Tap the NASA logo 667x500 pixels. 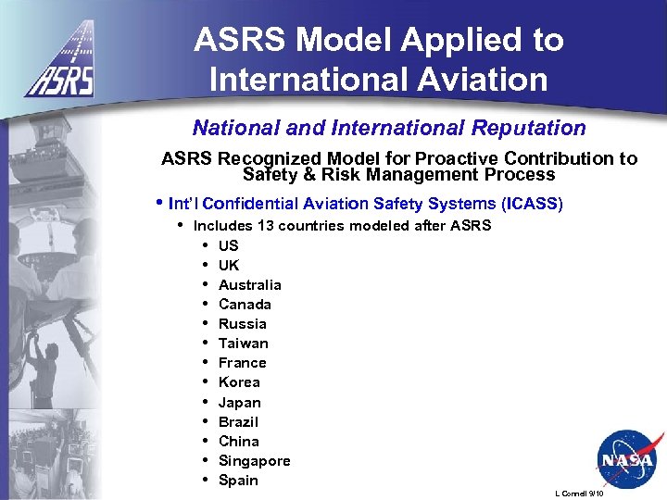(x=625, y=459)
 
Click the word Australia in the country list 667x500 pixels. (x=249, y=284)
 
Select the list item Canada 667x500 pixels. (x=245, y=304)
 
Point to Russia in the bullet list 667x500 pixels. (x=242, y=323)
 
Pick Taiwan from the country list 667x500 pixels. (x=243, y=343)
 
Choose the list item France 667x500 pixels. (x=242, y=362)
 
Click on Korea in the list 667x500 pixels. (x=239, y=381)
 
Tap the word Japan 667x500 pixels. (x=239, y=402)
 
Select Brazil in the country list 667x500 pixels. (x=238, y=421)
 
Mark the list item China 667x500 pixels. (x=238, y=441)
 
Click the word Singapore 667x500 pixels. (x=254, y=460)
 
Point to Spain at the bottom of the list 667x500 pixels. (x=238, y=480)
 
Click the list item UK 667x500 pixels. (x=228, y=265)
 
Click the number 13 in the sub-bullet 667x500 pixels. (x=265, y=225)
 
